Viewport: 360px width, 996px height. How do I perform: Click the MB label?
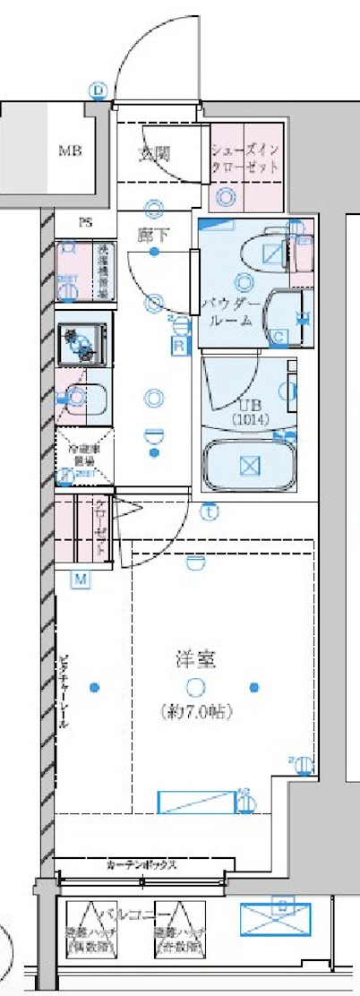tap(70, 151)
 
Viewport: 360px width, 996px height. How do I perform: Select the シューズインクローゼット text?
tap(245, 159)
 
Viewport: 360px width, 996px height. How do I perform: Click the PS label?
tap(86, 223)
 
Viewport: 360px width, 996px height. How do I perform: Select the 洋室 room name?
tap(195, 660)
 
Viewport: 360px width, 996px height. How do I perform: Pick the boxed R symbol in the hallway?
tap(178, 344)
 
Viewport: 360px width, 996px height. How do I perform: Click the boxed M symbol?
tap(81, 580)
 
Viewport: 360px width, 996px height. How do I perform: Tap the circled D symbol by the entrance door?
tap(98, 90)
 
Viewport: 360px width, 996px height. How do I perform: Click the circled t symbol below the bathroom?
tap(208, 513)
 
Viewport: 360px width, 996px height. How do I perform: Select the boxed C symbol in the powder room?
tap(279, 337)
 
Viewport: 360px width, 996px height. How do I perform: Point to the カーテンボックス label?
tap(144, 865)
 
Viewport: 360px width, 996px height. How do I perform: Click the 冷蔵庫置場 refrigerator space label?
tap(83, 456)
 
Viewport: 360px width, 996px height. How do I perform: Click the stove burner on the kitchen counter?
tap(82, 344)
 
